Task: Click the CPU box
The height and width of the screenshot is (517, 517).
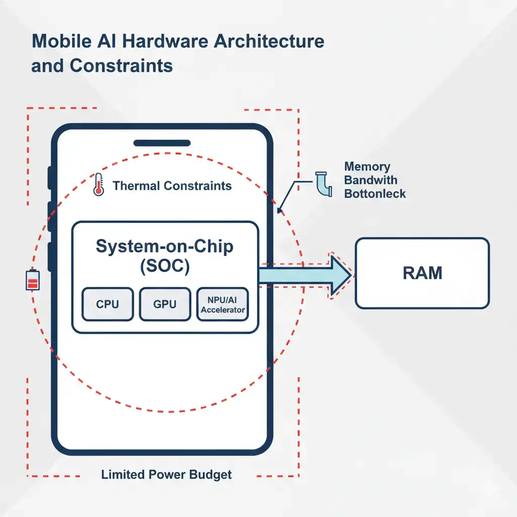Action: coord(108,304)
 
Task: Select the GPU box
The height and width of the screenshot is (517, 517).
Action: coord(165,304)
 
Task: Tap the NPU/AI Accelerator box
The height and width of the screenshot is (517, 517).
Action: coord(223,304)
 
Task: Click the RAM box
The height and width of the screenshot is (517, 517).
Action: coord(422,273)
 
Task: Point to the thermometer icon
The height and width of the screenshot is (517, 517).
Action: coord(98,185)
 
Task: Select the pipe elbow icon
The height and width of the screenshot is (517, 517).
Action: coord(322,184)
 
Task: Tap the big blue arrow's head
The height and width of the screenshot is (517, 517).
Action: coord(339,275)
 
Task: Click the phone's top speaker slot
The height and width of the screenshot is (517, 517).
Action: coord(162,143)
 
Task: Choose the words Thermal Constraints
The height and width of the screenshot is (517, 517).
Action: coord(172,186)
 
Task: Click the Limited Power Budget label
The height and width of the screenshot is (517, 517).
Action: coord(166,475)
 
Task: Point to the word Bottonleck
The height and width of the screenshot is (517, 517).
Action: coord(375,194)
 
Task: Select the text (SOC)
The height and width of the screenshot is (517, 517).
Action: coord(165,267)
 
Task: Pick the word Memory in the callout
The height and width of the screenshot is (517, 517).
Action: coord(367,167)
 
